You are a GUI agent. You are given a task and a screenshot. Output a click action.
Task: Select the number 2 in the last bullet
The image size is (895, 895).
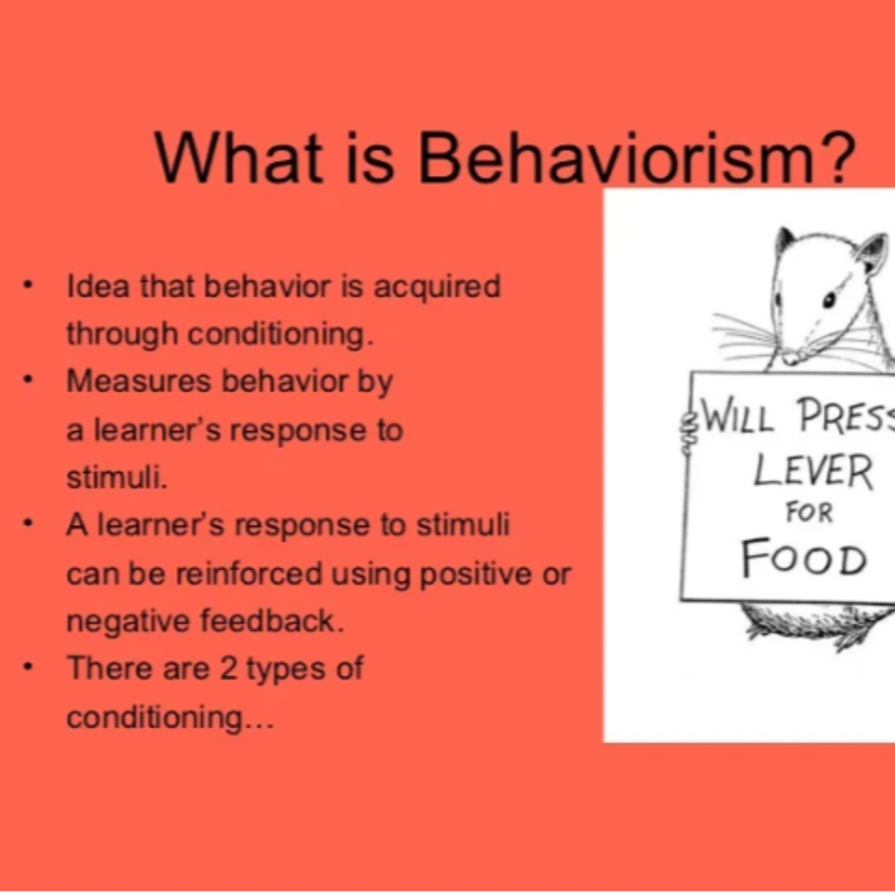tap(229, 669)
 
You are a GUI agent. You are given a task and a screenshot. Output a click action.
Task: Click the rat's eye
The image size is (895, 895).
tap(830, 301)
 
